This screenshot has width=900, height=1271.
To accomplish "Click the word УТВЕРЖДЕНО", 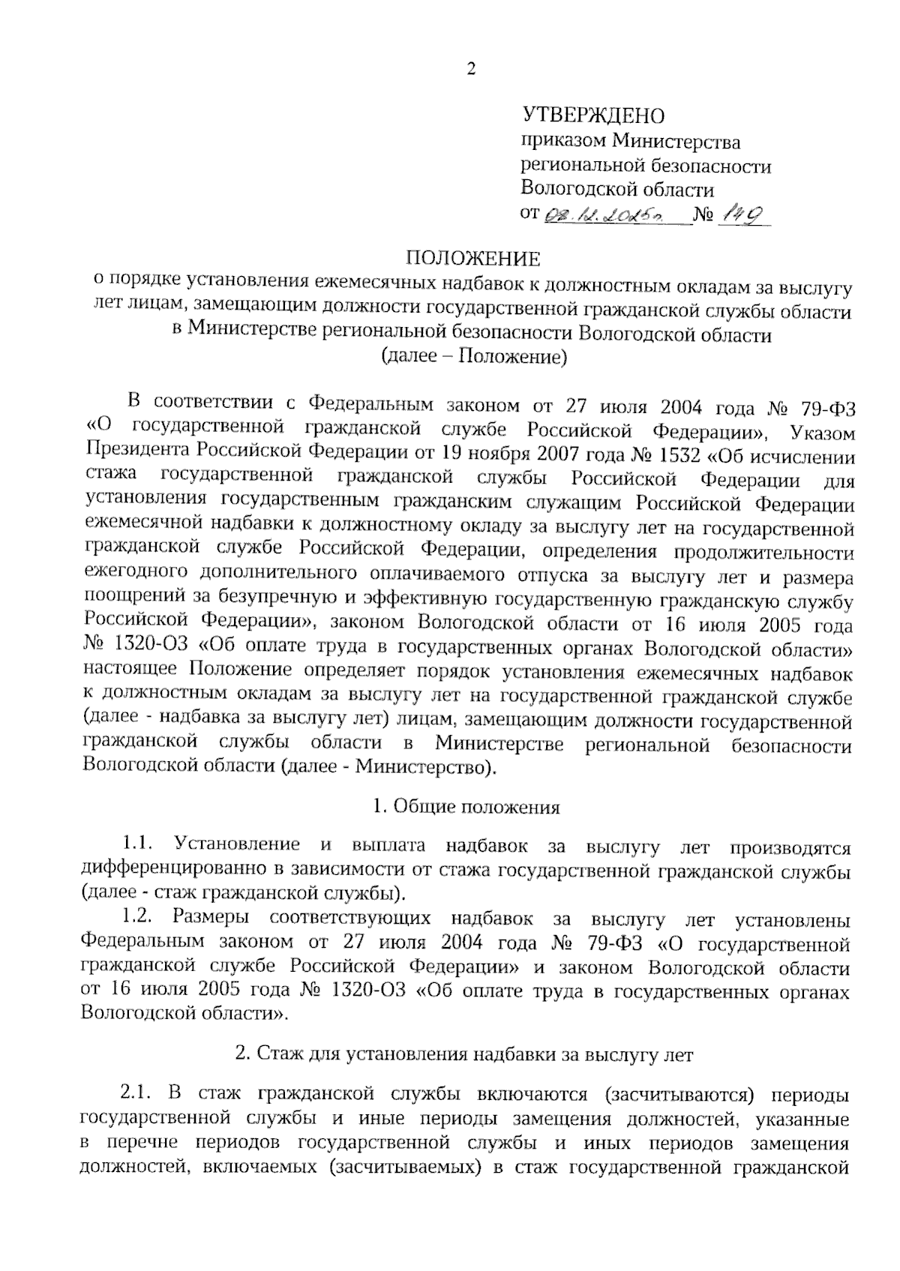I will (x=592, y=115).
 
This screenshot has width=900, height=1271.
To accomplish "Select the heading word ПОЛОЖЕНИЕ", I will (x=472, y=259).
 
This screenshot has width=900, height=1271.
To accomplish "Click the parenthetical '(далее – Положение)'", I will (x=474, y=357).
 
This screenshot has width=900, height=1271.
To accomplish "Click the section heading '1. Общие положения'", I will (x=466, y=807).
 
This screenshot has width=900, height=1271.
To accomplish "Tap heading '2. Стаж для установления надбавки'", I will (x=464, y=1054).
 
